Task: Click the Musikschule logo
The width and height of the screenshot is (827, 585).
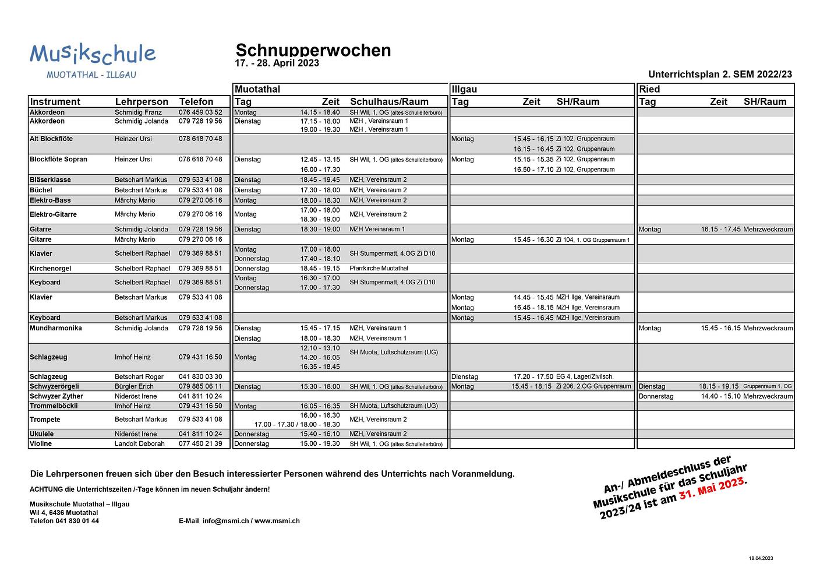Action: click(93, 60)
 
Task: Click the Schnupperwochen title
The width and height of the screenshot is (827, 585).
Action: click(313, 50)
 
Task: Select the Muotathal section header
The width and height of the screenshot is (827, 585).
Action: click(257, 89)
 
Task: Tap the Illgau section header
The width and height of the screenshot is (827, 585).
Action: click(464, 89)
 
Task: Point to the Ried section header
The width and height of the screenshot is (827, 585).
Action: click(649, 89)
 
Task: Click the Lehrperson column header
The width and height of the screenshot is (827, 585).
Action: click(142, 101)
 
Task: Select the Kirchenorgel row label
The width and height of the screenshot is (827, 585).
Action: click(50, 269)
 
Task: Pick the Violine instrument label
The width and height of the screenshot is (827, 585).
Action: click(41, 444)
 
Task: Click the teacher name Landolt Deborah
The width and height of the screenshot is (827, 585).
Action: click(139, 444)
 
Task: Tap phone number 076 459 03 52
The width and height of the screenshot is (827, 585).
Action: click(200, 112)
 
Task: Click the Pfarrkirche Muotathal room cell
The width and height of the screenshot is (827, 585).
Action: click(379, 269)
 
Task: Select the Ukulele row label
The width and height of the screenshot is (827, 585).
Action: click(41, 434)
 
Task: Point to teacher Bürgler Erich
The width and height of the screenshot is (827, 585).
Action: click(134, 386)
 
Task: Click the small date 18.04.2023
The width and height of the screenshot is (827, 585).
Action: click(761, 558)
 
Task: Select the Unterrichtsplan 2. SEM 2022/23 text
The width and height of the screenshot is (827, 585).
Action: click(719, 74)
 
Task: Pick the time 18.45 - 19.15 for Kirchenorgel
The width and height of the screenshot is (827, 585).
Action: click(320, 269)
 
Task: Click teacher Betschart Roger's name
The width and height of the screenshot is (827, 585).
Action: click(139, 377)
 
